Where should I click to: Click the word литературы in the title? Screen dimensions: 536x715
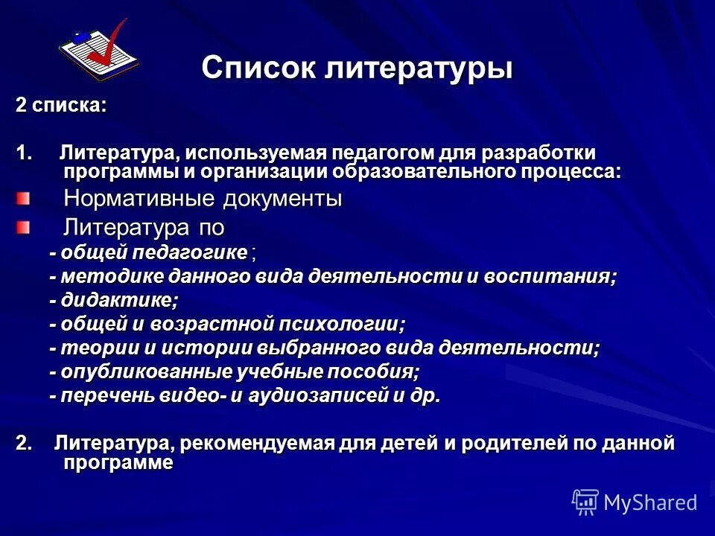[x=419, y=70]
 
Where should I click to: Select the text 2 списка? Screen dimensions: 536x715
[x=62, y=105]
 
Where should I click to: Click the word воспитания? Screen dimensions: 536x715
[x=550, y=276]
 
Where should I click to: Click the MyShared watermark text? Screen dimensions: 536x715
[x=650, y=502]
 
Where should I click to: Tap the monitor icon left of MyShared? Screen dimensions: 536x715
[x=585, y=502]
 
